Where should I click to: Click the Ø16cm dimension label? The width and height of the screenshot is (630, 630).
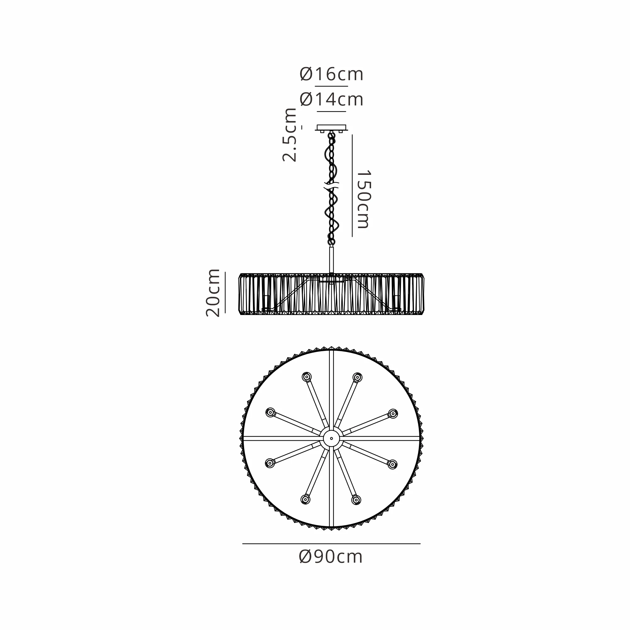point(331,74)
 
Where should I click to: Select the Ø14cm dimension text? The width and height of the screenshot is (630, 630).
point(331,99)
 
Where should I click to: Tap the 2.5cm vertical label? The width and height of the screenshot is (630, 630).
point(290,135)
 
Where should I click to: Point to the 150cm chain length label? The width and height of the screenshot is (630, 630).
point(364,199)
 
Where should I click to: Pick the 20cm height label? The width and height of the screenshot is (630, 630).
point(213,293)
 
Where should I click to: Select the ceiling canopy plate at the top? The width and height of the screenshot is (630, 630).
point(331,128)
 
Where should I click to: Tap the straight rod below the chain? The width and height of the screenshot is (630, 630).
point(331,260)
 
